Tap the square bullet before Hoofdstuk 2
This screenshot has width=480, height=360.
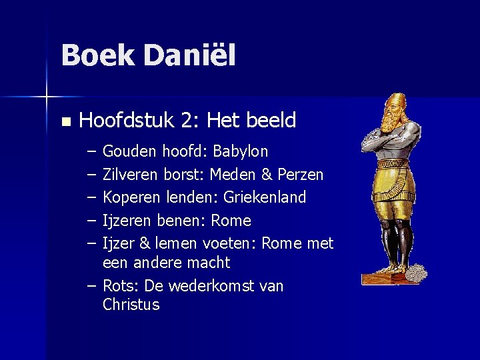pos(65,122)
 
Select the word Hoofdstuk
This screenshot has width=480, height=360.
pos(125,121)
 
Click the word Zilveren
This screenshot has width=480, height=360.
pos(130,175)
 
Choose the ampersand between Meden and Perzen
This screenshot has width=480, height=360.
pos(267,175)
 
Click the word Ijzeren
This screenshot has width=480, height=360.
pos(127,221)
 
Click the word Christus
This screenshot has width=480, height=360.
pos(131,305)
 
